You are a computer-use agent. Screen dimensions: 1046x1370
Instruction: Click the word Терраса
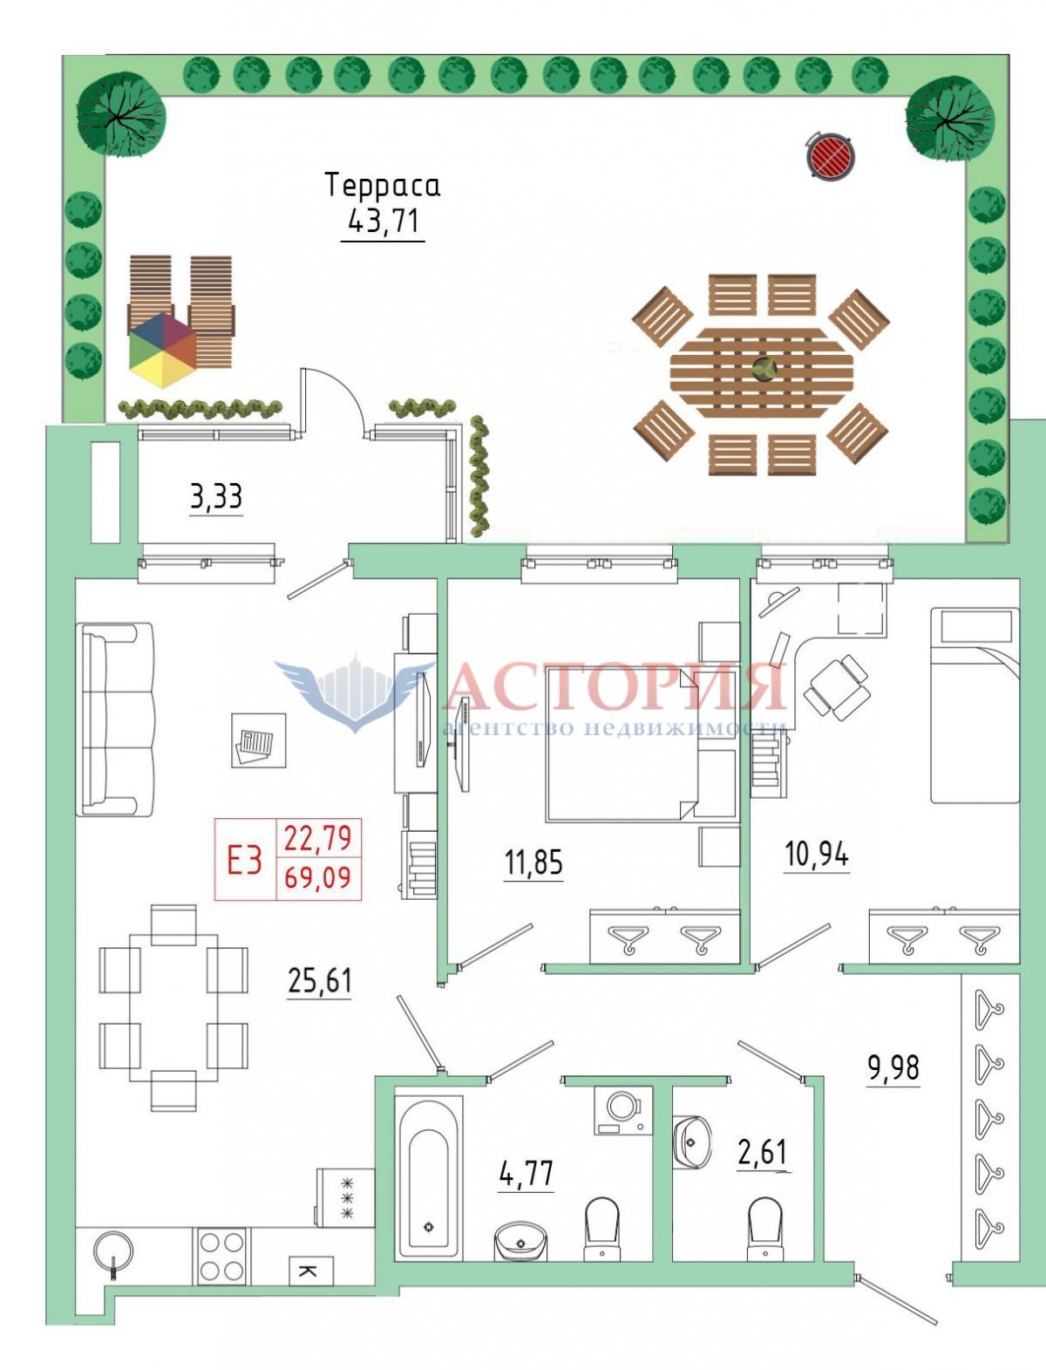point(383,186)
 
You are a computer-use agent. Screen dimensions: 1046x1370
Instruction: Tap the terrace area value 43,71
point(383,221)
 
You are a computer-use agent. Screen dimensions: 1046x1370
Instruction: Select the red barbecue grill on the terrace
point(830,154)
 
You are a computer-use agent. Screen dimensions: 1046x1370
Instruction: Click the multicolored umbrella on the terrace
point(163,351)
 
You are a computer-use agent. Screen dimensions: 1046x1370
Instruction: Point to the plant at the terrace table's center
point(762,369)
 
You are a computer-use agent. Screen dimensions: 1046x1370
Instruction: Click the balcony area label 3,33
point(216,497)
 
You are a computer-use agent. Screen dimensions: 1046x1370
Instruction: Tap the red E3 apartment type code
point(245,861)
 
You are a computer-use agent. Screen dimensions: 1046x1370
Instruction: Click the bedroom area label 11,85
point(533,862)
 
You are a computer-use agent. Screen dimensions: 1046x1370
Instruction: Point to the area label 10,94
point(817,855)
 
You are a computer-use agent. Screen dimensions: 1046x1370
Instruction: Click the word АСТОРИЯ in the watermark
point(615,687)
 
